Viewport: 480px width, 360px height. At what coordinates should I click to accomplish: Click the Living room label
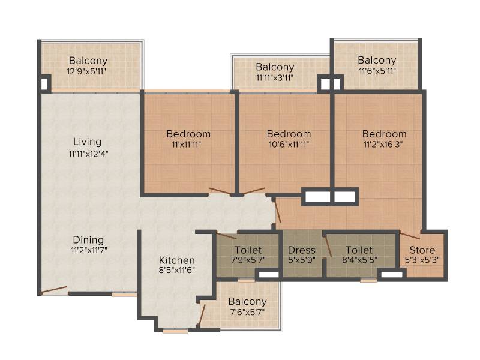pyautogui.click(x=87, y=142)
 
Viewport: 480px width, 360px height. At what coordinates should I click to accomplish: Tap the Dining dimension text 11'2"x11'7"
pyautogui.click(x=89, y=250)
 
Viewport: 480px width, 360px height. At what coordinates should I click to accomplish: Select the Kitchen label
pyautogui.click(x=177, y=260)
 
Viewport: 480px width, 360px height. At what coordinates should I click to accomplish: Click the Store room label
pyautogui.click(x=422, y=250)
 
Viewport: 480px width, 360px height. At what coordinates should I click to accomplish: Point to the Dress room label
pyautogui.click(x=302, y=250)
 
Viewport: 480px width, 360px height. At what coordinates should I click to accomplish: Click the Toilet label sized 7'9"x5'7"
pyautogui.click(x=248, y=250)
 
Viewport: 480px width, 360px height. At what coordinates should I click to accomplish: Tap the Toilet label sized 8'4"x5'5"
pyautogui.click(x=359, y=250)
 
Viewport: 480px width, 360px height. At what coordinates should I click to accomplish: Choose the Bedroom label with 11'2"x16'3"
pyautogui.click(x=384, y=134)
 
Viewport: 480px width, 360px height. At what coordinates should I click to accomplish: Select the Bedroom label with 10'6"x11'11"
pyautogui.click(x=289, y=134)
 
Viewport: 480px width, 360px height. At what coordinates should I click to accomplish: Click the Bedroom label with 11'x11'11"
pyautogui.click(x=188, y=134)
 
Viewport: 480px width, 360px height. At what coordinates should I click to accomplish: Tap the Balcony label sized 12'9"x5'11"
pyautogui.click(x=88, y=61)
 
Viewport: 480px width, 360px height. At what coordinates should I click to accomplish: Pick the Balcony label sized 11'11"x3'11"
pyautogui.click(x=275, y=67)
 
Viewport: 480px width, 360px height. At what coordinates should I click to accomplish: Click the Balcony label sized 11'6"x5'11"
pyautogui.click(x=377, y=60)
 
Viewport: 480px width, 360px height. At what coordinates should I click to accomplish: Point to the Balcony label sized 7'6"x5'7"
pyautogui.click(x=247, y=302)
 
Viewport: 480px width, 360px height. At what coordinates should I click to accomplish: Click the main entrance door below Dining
pyautogui.click(x=54, y=290)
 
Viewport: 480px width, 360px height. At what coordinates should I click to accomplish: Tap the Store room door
pyautogui.click(x=410, y=236)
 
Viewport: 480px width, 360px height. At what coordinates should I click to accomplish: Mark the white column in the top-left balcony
pyautogui.click(x=44, y=83)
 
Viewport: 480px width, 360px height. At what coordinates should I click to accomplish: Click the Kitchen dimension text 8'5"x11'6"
pyautogui.click(x=177, y=270)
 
